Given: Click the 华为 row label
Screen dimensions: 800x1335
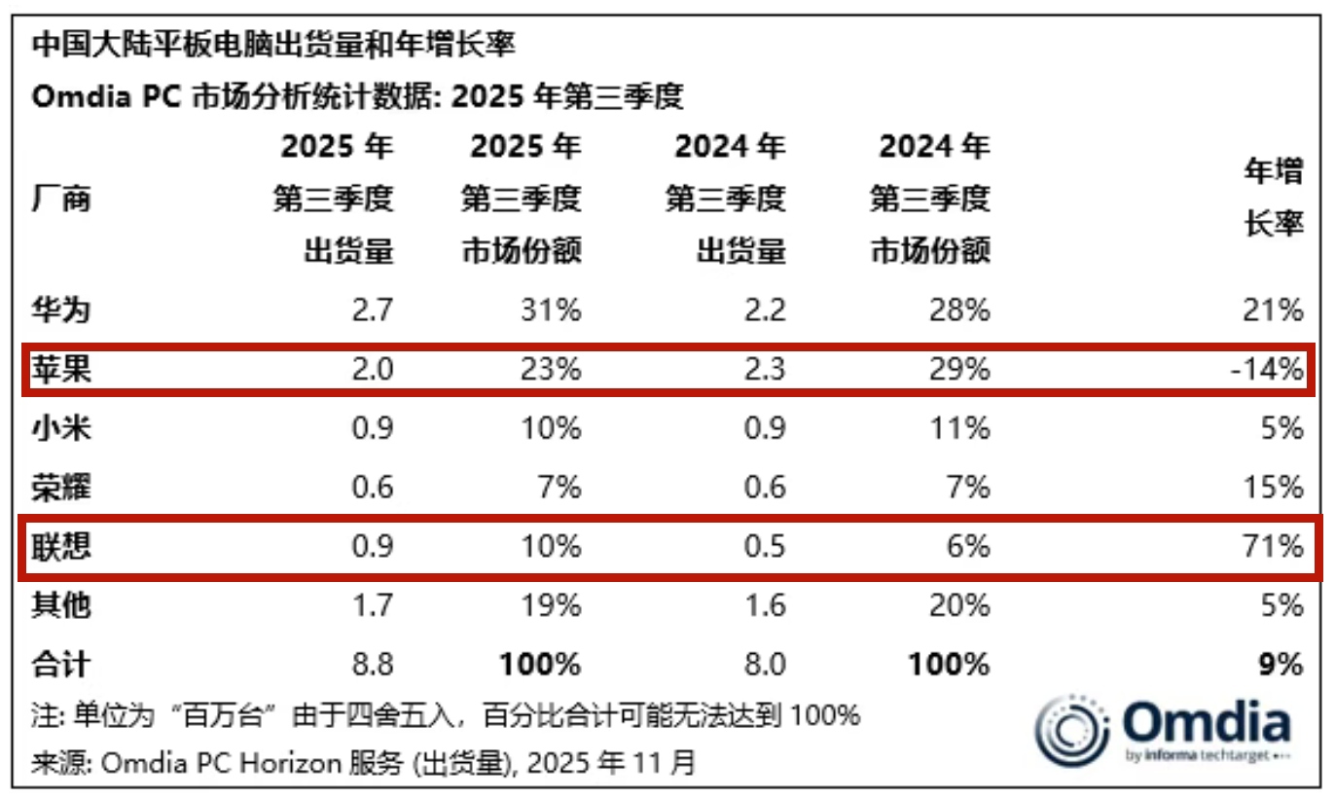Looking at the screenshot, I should pyautogui.click(x=61, y=311).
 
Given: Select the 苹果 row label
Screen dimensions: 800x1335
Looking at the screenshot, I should pyautogui.click(x=61, y=370).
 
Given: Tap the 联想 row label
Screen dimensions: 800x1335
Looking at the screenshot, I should pyautogui.click(x=61, y=546).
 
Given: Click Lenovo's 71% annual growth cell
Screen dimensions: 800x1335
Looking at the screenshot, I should pyautogui.click(x=1272, y=546).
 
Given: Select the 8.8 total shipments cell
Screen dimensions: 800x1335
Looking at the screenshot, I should pyautogui.click(x=371, y=664).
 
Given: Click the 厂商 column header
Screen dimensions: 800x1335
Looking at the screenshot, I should pyautogui.click(x=61, y=200).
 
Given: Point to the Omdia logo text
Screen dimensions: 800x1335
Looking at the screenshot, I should pyautogui.click(x=1207, y=725).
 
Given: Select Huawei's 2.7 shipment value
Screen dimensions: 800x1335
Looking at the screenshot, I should pyautogui.click(x=371, y=311).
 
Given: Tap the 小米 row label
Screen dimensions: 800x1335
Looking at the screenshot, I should pyautogui.click(x=61, y=429).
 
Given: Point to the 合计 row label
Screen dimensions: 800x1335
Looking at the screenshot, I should pyautogui.click(x=61, y=664).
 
